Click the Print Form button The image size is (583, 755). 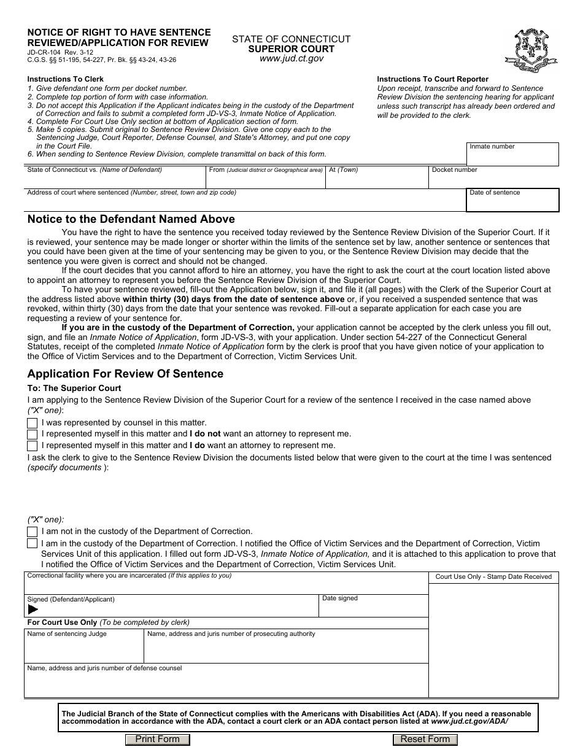pyautogui.click(x=158, y=739)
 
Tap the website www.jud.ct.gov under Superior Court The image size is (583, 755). pyautogui.click(x=291, y=59)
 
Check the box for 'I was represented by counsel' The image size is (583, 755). pyautogui.click(x=32, y=423)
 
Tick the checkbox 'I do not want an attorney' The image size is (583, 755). pyautogui.click(x=32, y=434)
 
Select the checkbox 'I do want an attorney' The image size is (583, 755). pyautogui.click(x=32, y=446)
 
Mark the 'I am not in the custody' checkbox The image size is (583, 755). pyautogui.click(x=32, y=532)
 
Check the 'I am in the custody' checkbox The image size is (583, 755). pyautogui.click(x=32, y=543)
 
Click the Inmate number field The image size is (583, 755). pyautogui.click(x=512, y=157)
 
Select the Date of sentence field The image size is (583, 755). pyautogui.click(x=512, y=203)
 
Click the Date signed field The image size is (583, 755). pyautogui.click(x=373, y=608)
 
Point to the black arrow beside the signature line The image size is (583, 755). pyautogui.click(x=33, y=610)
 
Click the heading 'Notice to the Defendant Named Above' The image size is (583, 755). pyautogui.click(x=131, y=219)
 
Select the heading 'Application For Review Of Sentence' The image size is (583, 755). pyautogui.click(x=125, y=374)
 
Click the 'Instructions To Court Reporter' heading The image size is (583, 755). pyautogui.click(x=433, y=79)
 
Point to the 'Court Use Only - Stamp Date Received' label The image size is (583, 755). pyautogui.click(x=493, y=576)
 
